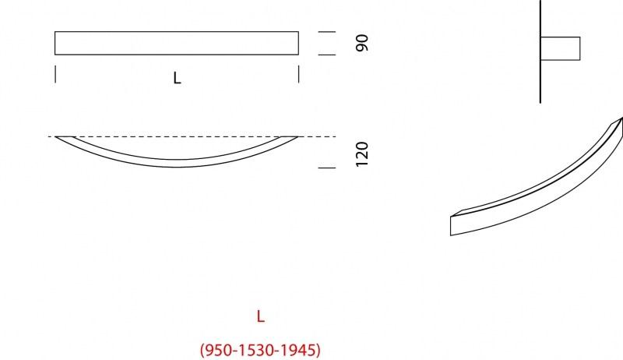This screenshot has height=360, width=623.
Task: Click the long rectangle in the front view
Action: (177, 43)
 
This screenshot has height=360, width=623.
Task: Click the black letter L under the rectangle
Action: (178, 79)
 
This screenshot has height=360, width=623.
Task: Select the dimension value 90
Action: (361, 43)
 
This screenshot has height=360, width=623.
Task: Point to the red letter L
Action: (261, 316)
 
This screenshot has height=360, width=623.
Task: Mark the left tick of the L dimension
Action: (55, 74)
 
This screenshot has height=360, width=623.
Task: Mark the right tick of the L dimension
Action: (299, 74)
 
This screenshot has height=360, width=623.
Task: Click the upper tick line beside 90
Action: (327, 32)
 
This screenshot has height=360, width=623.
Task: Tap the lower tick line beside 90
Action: (327, 55)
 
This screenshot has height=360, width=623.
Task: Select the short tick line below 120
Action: (327, 168)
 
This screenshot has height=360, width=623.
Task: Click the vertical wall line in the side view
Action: (540, 78)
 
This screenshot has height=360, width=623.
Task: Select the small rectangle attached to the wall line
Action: (561, 48)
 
